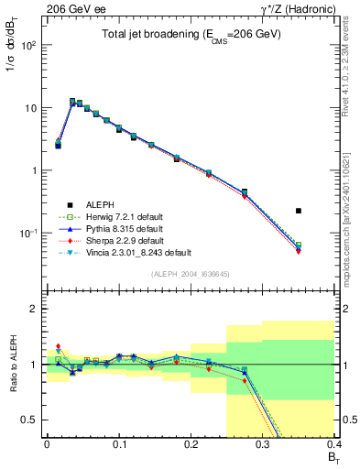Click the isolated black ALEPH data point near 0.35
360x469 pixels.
point(324,211)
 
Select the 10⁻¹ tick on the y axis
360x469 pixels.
point(32,234)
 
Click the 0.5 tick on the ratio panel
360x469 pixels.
point(32,420)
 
